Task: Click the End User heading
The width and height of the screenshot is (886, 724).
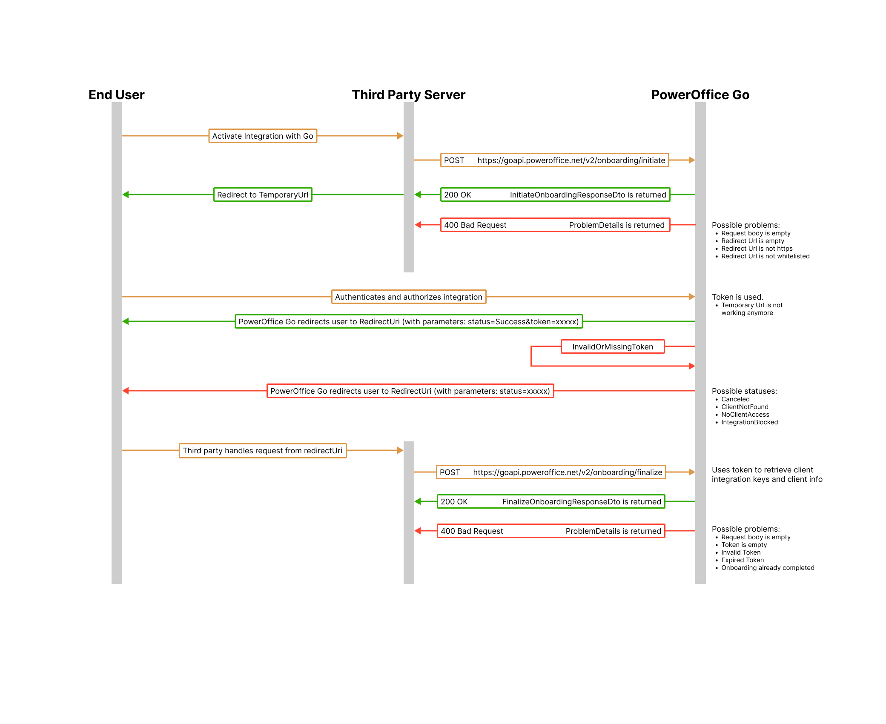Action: click(x=116, y=94)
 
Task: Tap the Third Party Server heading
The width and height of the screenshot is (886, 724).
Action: click(x=408, y=94)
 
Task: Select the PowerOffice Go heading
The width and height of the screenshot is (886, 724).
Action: click(x=700, y=94)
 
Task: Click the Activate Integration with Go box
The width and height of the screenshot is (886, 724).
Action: click(x=263, y=136)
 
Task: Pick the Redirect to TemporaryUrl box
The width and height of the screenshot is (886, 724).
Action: click(x=263, y=195)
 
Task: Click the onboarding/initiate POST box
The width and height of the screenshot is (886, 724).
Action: click(x=554, y=160)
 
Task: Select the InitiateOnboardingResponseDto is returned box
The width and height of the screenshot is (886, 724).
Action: click(x=555, y=195)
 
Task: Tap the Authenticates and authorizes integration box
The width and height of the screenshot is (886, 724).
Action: click(x=409, y=297)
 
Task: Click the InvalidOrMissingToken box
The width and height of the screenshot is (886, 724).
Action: click(x=613, y=347)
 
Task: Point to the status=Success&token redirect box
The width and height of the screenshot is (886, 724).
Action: click(x=409, y=322)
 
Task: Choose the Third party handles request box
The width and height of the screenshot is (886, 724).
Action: click(x=263, y=451)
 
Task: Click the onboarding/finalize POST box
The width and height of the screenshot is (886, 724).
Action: click(x=551, y=472)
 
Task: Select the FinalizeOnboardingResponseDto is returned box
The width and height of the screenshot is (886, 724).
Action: click(x=551, y=502)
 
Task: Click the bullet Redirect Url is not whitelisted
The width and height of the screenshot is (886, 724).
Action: click(x=765, y=256)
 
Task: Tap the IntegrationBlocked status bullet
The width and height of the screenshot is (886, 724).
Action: click(x=749, y=422)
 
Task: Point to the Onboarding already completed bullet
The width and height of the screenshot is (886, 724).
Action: click(x=768, y=568)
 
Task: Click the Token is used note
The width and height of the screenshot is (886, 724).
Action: click(x=737, y=297)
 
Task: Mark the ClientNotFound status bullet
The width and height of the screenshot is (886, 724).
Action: click(x=745, y=407)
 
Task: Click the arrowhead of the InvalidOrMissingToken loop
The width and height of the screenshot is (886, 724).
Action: click(x=692, y=366)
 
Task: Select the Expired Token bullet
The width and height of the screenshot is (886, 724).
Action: click(x=743, y=560)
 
